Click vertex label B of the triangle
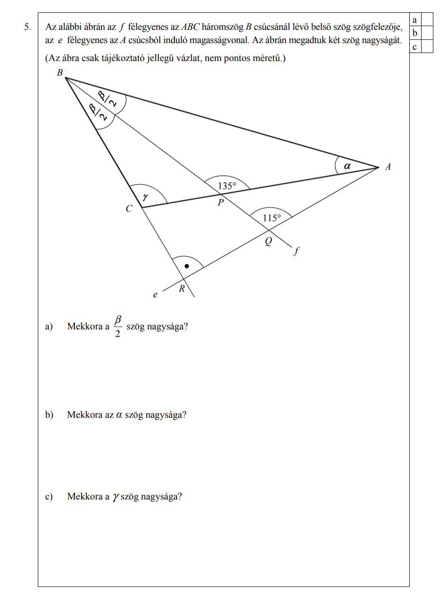tap(60, 72)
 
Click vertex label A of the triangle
tap(388, 166)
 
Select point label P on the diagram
tap(220, 202)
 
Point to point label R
tap(181, 289)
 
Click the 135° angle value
tap(226, 186)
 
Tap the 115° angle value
tap(271, 218)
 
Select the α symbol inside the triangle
tap(347, 166)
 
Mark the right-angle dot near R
tap(186, 266)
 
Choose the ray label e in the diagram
tap(155, 295)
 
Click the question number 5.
tap(28, 28)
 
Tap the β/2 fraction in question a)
tap(118, 327)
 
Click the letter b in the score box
tap(414, 33)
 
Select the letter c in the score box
tap(414, 46)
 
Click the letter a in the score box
tap(414, 19)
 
